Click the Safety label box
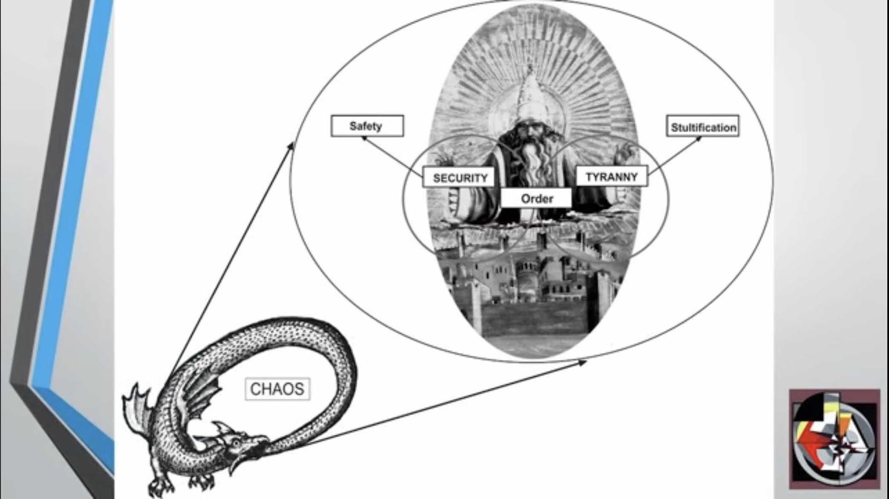pos(367,126)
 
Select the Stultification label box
pos(702,127)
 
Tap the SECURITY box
pos(460,177)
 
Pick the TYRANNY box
pos(611,176)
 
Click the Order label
pos(536,198)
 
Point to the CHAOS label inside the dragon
pos(277,389)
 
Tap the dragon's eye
pos(237,442)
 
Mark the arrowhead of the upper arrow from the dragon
pos(291,146)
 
